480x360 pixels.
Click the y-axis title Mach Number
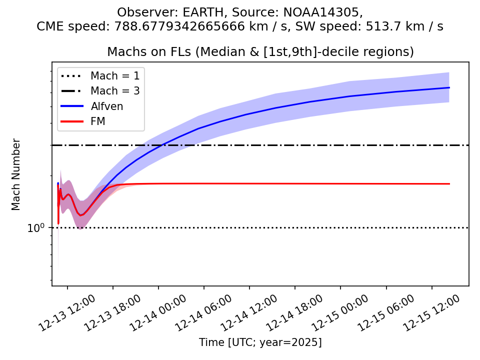(16, 174)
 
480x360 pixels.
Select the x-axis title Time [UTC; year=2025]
(260, 342)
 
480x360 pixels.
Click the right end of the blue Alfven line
(449, 88)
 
